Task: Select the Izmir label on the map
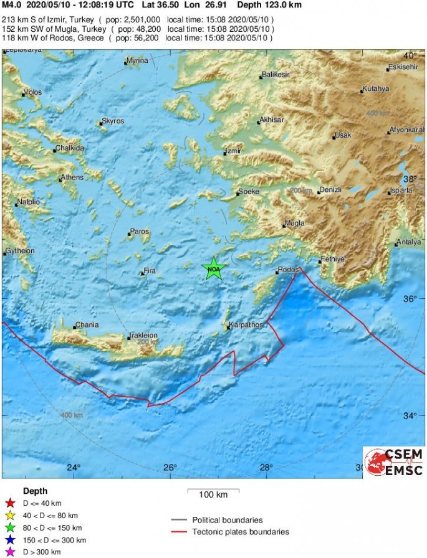[234, 151]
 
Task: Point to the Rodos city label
[289, 270]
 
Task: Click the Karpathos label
[246, 325]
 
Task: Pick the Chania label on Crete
[86, 325]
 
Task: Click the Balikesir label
[277, 75]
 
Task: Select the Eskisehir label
[402, 67]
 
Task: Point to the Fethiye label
[332, 258]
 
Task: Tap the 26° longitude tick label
[170, 468]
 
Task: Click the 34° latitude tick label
[410, 416]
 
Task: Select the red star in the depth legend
[9, 503]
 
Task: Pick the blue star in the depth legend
[9, 540]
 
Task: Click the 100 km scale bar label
[213, 495]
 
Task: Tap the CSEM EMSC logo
[394, 462]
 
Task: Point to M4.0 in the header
[12, 4]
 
